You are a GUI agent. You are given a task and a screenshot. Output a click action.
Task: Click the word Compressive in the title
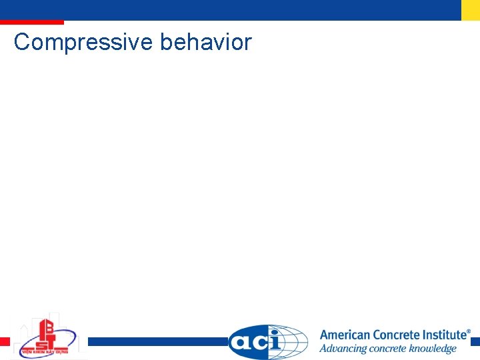click(x=83, y=43)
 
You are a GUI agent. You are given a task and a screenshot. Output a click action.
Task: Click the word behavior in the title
click(x=206, y=42)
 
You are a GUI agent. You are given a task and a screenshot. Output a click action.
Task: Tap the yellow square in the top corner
click(x=470, y=9)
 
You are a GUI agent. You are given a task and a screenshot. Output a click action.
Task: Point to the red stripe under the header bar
click(x=31, y=23)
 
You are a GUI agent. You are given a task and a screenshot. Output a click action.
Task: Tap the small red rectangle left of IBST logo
click(x=5, y=341)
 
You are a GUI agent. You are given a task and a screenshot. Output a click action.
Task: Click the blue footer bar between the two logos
click(x=157, y=341)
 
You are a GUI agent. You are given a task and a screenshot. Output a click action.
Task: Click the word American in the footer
click(x=345, y=335)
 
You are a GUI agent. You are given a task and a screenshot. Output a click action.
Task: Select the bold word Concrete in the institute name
click(x=396, y=335)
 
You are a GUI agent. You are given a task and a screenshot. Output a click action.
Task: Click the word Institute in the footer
click(x=444, y=335)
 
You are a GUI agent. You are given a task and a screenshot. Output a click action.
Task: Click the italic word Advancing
click(x=342, y=349)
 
